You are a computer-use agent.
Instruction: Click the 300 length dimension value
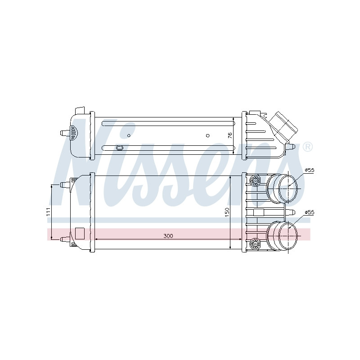(x=168, y=236)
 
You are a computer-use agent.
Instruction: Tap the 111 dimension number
(x=48, y=211)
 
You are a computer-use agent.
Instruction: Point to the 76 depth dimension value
(x=230, y=135)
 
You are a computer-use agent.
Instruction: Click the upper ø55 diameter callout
(x=309, y=170)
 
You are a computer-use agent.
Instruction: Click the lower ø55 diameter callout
(x=309, y=212)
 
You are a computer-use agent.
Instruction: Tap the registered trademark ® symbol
(x=307, y=147)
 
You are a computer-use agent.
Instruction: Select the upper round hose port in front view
(x=283, y=189)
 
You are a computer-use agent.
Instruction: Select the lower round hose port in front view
(x=283, y=235)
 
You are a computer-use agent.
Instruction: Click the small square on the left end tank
(x=80, y=233)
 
